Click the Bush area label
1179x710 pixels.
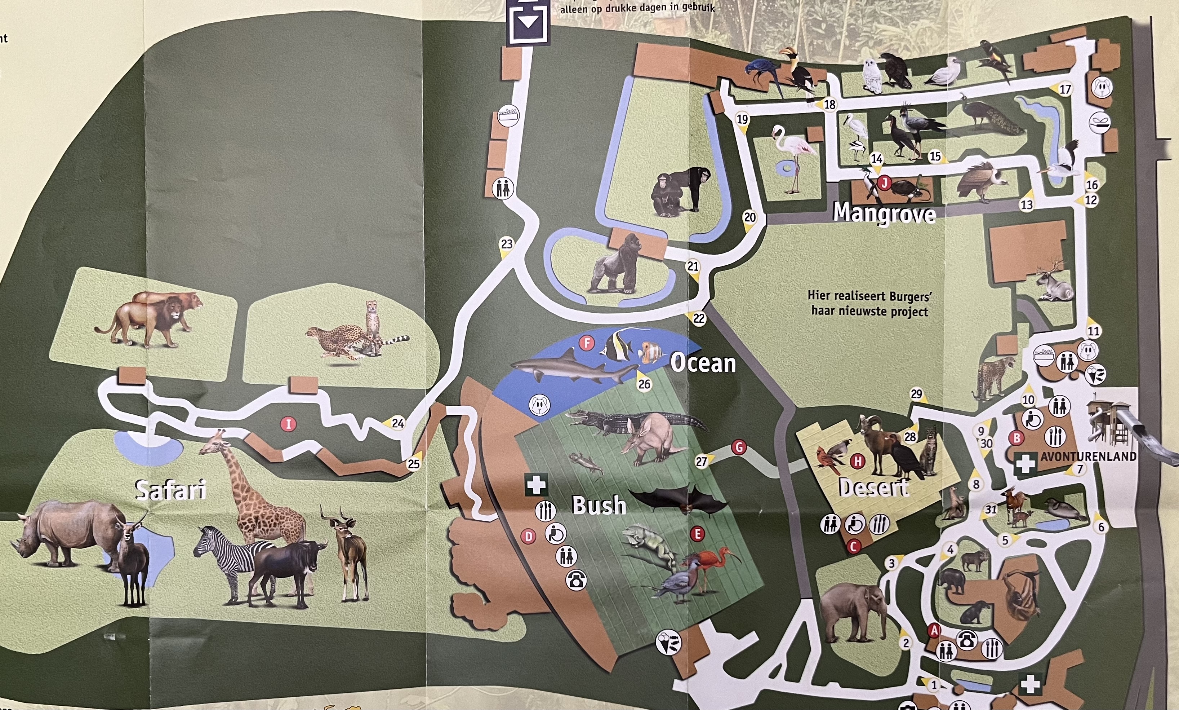(599, 505)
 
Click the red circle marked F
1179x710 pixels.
(586, 343)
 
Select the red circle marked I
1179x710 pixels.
(288, 424)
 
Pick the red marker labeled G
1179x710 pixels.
(739, 447)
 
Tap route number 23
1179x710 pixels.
(506, 244)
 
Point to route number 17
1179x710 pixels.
(1065, 89)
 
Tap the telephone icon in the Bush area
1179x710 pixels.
(576, 580)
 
